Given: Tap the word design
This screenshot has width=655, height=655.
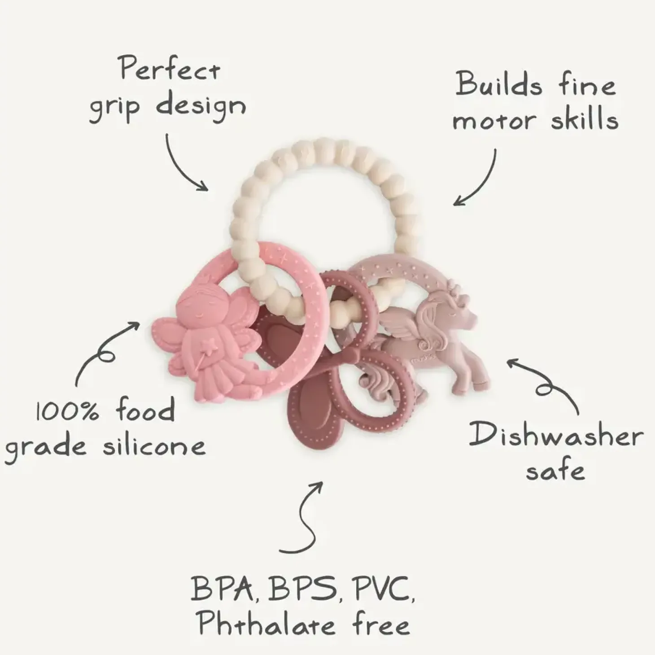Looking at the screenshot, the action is click(x=201, y=107).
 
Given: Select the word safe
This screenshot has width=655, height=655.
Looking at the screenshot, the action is click(x=555, y=471).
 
